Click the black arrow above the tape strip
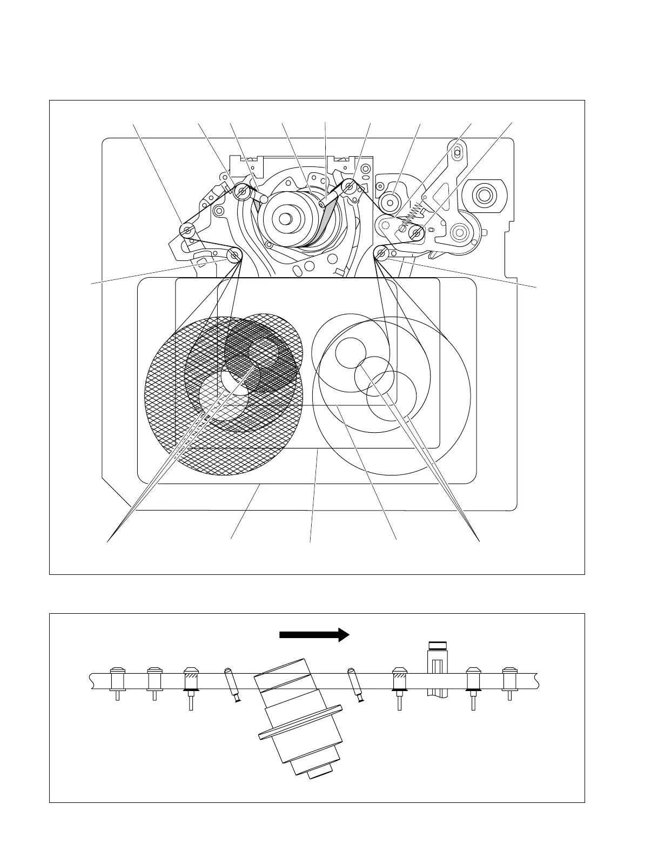pyautogui.click(x=314, y=634)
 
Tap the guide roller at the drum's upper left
pyautogui.click(x=243, y=190)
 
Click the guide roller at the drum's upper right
pyautogui.click(x=350, y=187)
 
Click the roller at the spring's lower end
pyautogui.click(x=417, y=233)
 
